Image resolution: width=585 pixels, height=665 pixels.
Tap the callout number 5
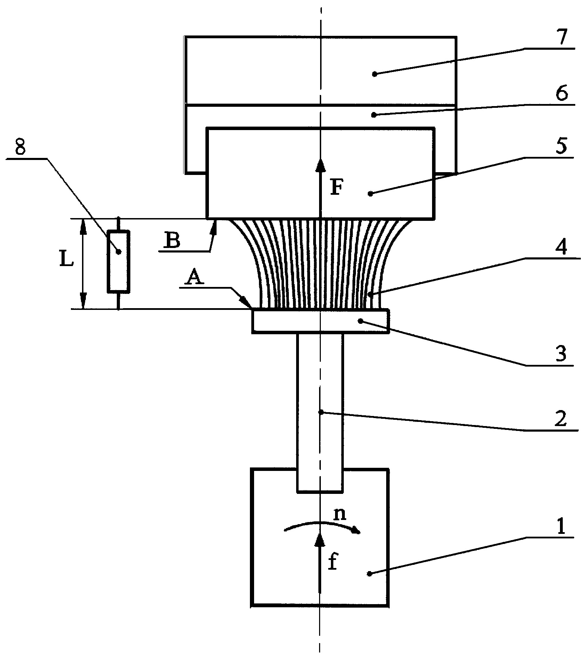click(560, 146)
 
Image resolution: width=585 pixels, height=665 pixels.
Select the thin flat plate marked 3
click(320, 321)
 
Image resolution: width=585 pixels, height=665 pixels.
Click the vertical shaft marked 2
click(320, 412)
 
